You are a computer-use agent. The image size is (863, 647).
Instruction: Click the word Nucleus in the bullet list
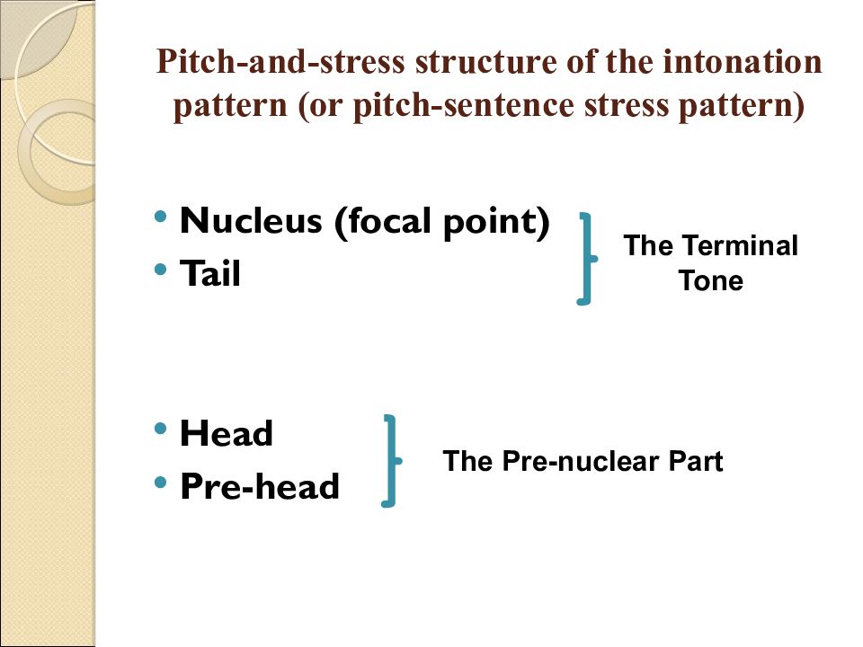click(x=251, y=221)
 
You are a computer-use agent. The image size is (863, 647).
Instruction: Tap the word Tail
click(x=210, y=273)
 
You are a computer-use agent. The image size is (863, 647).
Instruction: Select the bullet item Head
click(x=227, y=433)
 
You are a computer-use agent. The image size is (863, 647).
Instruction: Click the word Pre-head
click(x=260, y=486)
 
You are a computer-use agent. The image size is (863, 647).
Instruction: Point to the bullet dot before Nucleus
click(x=160, y=217)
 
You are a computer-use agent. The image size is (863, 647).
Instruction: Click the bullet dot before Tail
click(x=160, y=270)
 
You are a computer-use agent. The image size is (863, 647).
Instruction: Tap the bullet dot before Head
click(x=160, y=429)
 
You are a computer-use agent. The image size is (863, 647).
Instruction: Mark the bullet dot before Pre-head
click(x=160, y=483)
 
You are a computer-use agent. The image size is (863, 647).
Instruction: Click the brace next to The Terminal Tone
click(x=590, y=259)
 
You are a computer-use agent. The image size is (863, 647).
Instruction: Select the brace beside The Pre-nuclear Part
click(x=394, y=461)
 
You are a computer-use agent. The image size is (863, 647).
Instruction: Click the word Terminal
click(x=738, y=245)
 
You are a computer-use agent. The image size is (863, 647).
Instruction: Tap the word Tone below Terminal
click(x=710, y=280)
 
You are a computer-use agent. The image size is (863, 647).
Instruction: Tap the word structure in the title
click(x=486, y=62)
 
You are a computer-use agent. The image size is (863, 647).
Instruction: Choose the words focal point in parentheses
click(x=442, y=221)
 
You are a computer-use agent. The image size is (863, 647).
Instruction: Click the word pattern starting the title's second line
click(x=230, y=106)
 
